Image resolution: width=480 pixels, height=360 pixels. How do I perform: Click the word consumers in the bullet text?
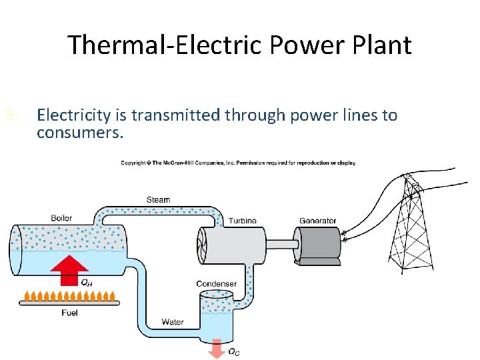click(x=80, y=132)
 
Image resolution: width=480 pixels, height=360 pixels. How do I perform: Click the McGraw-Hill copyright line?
click(x=238, y=163)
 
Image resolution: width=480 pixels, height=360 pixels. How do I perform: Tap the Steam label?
click(x=158, y=200)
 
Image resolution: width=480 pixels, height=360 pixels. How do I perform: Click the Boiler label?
click(x=61, y=218)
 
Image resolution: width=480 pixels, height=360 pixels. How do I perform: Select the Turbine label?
click(x=242, y=221)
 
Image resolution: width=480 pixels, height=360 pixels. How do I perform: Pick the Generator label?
click(x=317, y=221)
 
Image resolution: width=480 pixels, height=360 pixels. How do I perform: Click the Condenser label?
click(x=216, y=284)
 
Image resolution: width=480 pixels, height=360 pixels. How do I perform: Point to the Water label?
click(x=173, y=322)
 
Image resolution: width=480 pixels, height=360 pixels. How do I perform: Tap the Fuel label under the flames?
click(x=69, y=313)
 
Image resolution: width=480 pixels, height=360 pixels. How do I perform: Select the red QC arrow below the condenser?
click(x=216, y=347)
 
